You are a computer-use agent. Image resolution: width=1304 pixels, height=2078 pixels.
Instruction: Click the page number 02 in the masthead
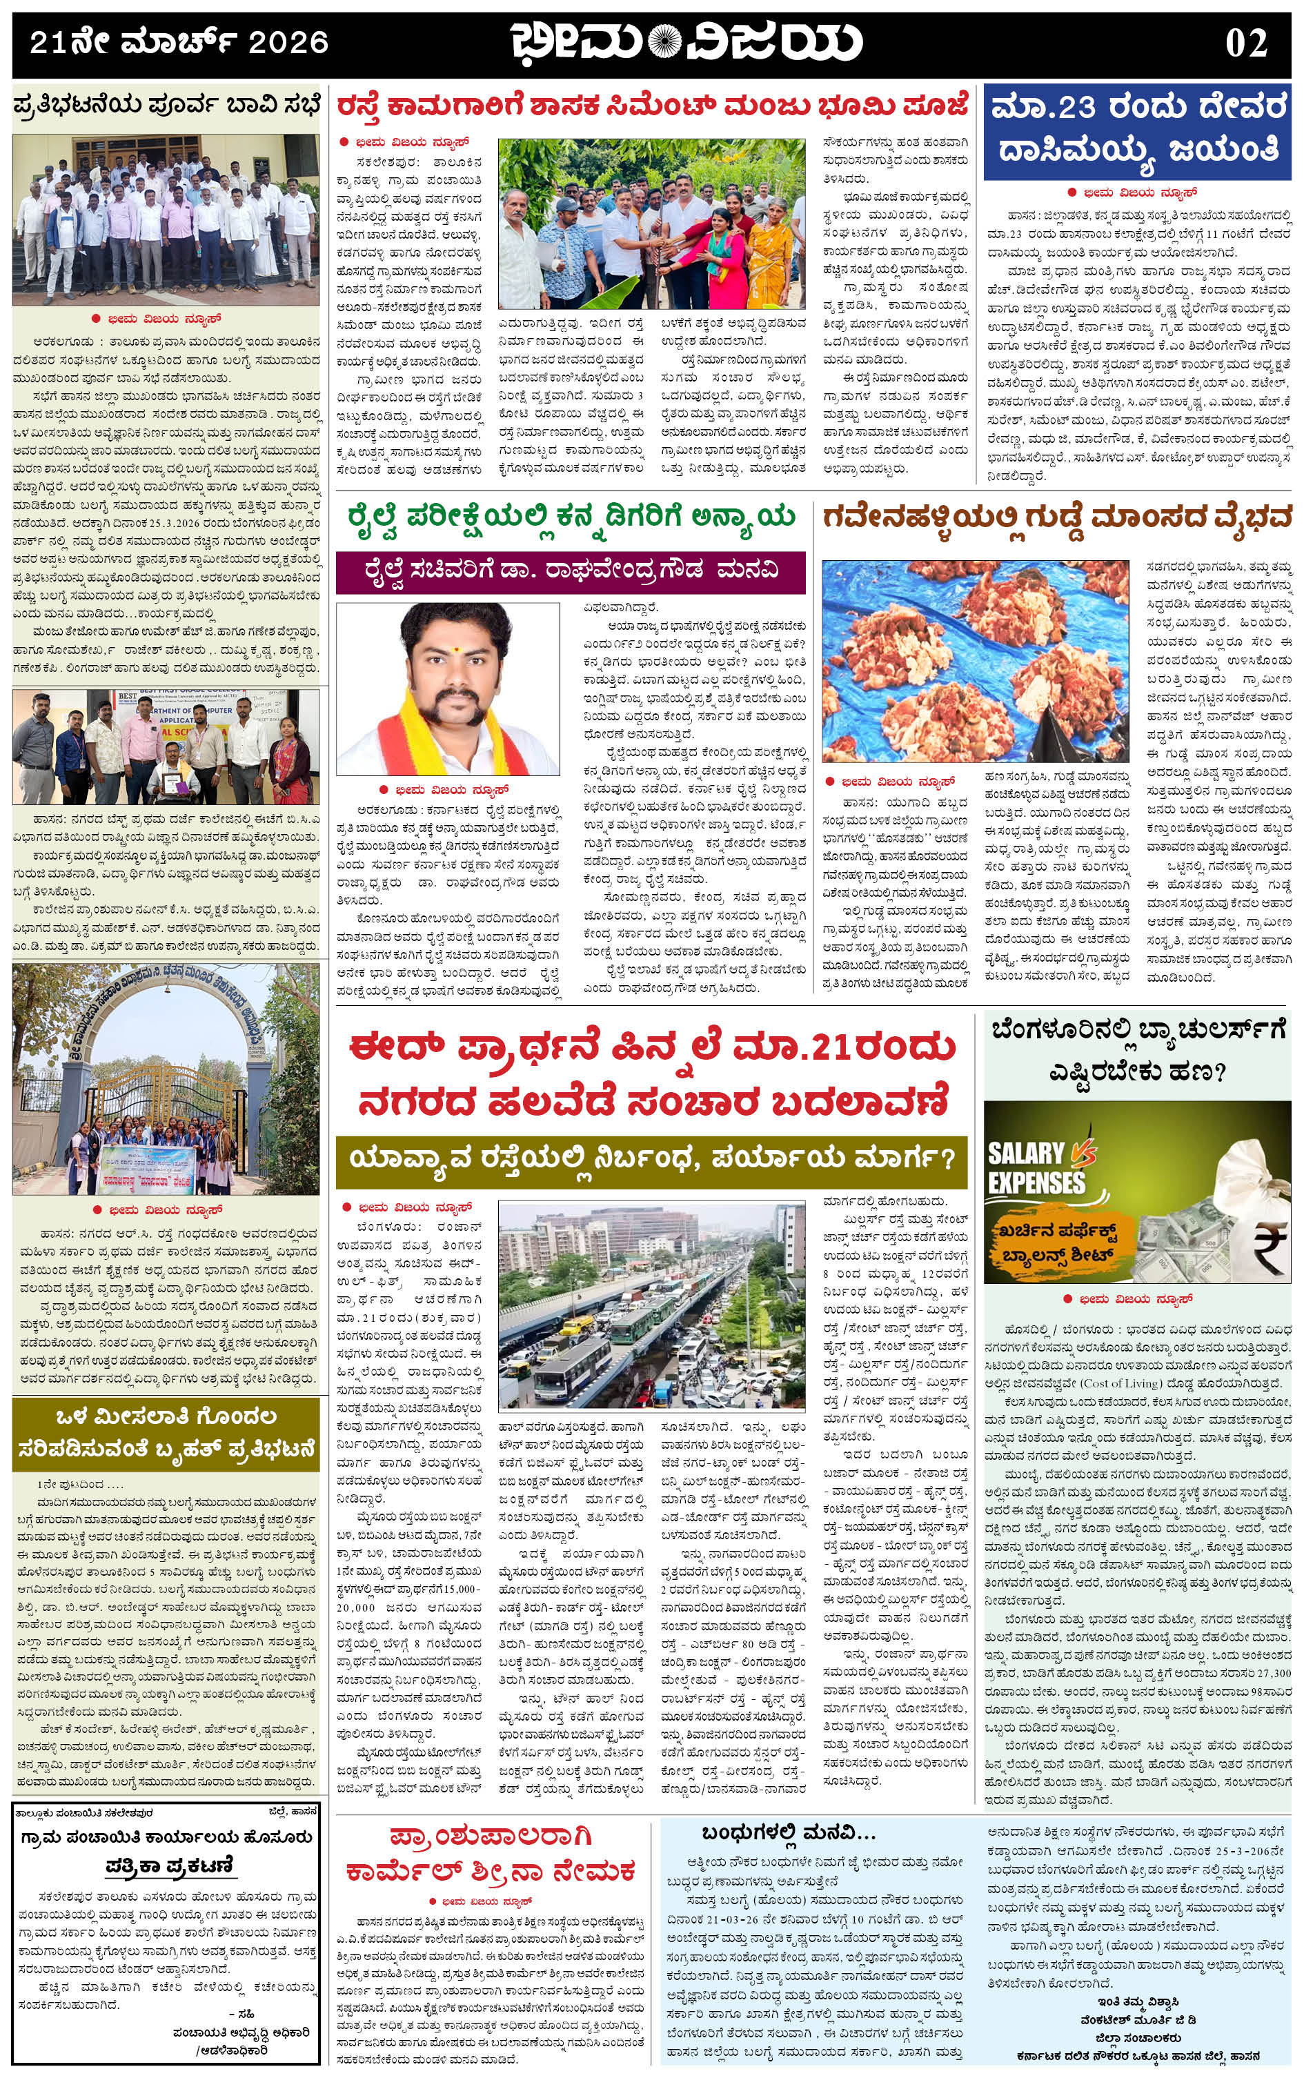1245,43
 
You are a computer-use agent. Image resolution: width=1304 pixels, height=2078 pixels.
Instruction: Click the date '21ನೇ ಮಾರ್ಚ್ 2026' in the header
179,43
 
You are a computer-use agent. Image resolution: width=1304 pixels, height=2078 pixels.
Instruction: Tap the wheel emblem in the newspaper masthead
663,42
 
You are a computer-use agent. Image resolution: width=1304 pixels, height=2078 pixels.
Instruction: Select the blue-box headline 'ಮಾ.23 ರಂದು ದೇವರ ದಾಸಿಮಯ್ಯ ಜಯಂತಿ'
1138,129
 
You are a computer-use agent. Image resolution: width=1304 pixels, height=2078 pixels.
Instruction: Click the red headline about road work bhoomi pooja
653,107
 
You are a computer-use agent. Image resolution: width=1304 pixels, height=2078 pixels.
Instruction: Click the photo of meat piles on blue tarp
976,660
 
